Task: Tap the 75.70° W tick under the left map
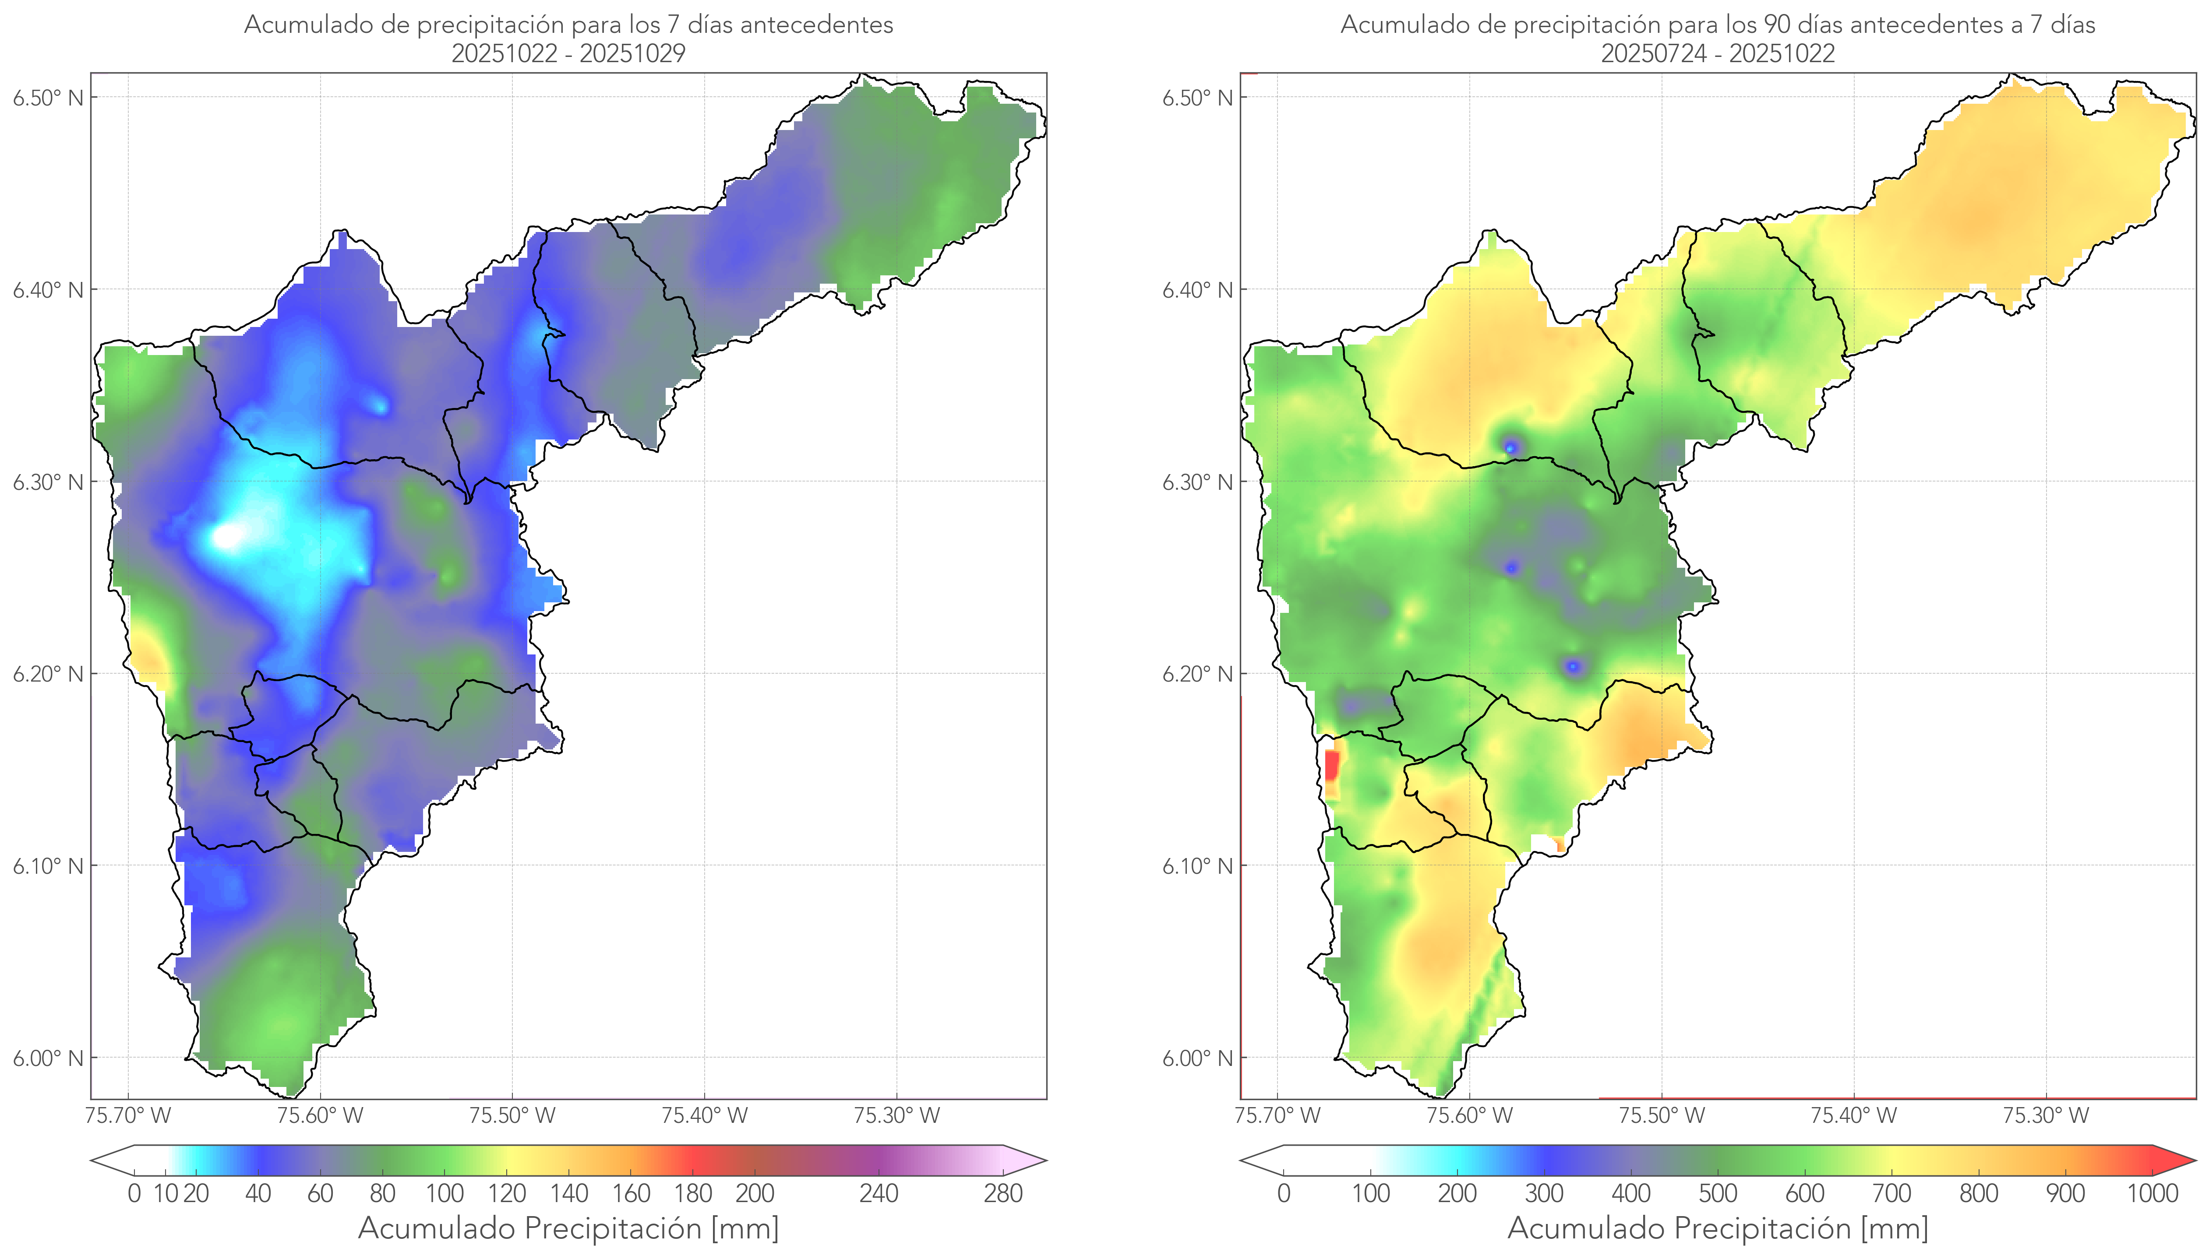(128, 1115)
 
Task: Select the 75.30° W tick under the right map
(2046, 1115)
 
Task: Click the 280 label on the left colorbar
(1003, 1193)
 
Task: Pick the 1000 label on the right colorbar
(2152, 1193)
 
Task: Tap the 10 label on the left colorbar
(165, 1193)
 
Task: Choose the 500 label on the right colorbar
(1718, 1193)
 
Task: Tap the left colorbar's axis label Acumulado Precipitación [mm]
(568, 1228)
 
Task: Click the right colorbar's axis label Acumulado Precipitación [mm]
(1718, 1228)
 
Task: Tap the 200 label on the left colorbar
(754, 1193)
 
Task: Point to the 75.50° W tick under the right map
(1662, 1115)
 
